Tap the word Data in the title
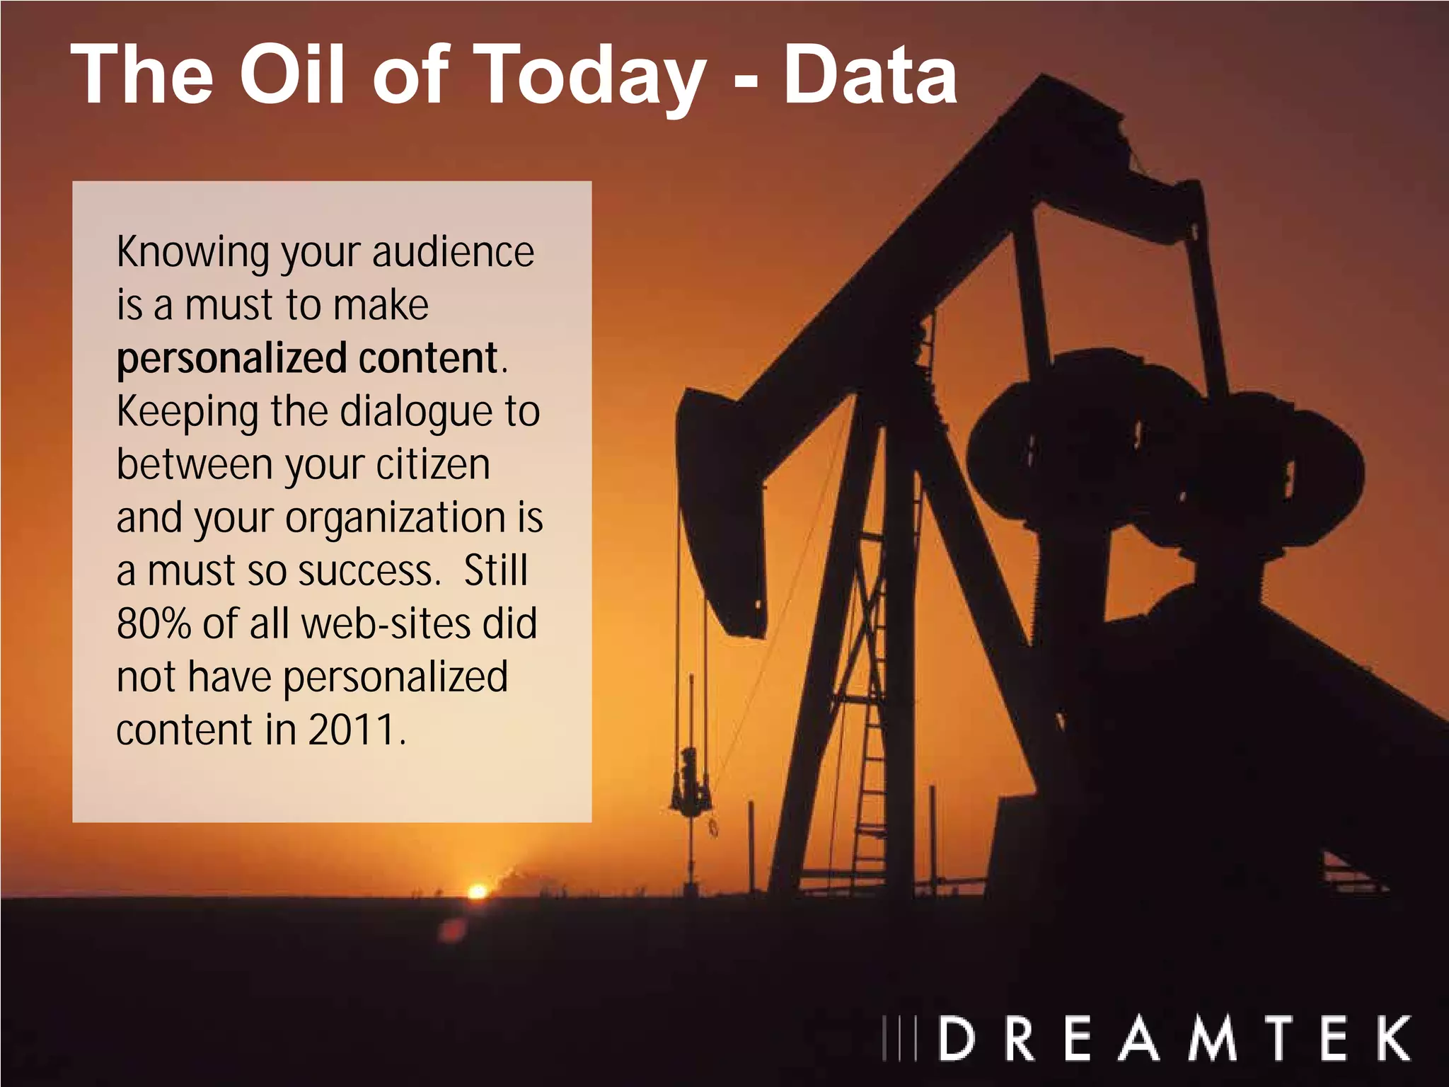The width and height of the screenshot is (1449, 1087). (870, 75)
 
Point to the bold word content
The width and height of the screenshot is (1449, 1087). (427, 358)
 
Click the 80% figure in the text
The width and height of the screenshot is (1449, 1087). (154, 623)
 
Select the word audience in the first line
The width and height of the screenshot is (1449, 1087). (453, 252)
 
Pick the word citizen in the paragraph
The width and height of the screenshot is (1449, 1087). (432, 464)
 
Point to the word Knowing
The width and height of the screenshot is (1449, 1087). (192, 253)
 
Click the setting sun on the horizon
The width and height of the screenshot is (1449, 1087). (478, 891)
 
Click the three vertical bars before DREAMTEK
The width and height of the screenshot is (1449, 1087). (899, 1038)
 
